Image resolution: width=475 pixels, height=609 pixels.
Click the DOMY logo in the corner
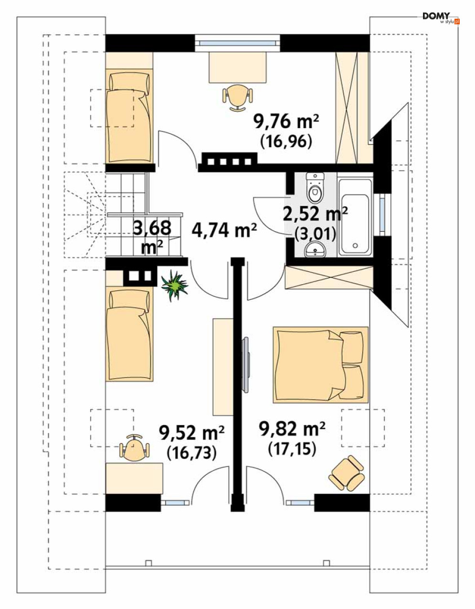tap(441, 18)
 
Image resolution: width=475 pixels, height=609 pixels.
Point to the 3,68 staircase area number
tap(152, 228)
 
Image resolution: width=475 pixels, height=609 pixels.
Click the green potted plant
tap(174, 285)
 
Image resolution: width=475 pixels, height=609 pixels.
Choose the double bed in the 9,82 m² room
tap(320, 364)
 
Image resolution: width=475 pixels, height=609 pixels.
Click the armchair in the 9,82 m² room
tap(347, 473)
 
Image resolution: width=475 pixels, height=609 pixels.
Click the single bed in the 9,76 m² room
tap(129, 116)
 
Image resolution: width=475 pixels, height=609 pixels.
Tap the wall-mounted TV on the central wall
tap(245, 364)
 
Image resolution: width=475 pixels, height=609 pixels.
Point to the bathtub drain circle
tap(355, 246)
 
